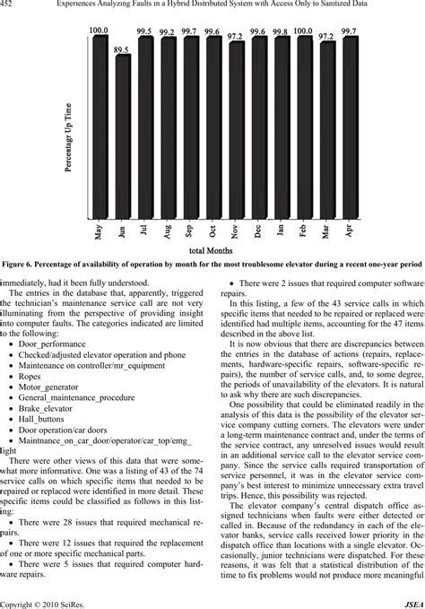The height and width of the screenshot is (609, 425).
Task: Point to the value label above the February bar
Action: click(302, 32)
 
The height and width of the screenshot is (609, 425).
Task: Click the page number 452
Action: click(12, 6)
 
